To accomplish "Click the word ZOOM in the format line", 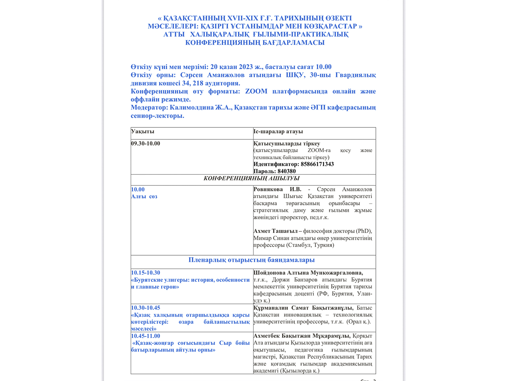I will pyautogui.click(x=256, y=91).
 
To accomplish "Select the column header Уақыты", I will pyautogui.click(x=143, y=131).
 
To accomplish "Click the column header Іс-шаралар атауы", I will pyautogui.click(x=278, y=131).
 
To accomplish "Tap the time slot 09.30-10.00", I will pyautogui.click(x=145, y=144).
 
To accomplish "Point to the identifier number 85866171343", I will pyautogui.click(x=317, y=164).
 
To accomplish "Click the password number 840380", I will pyautogui.click(x=286, y=171).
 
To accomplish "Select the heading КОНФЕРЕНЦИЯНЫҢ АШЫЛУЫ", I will pyautogui.click(x=252, y=179).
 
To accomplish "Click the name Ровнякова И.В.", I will pyautogui.click(x=277, y=189).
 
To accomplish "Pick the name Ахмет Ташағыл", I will pyautogui.click(x=275, y=231).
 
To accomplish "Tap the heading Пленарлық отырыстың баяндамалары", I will pyautogui.click(x=252, y=260).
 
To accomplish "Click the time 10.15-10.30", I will pyautogui.click(x=145, y=273).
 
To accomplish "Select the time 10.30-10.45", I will pyautogui.click(x=145, y=308).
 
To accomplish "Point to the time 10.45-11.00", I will pyautogui.click(x=145, y=336).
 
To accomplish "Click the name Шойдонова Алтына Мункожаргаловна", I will pyautogui.click(x=308, y=273).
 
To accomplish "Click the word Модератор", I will pyautogui.click(x=149, y=108).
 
